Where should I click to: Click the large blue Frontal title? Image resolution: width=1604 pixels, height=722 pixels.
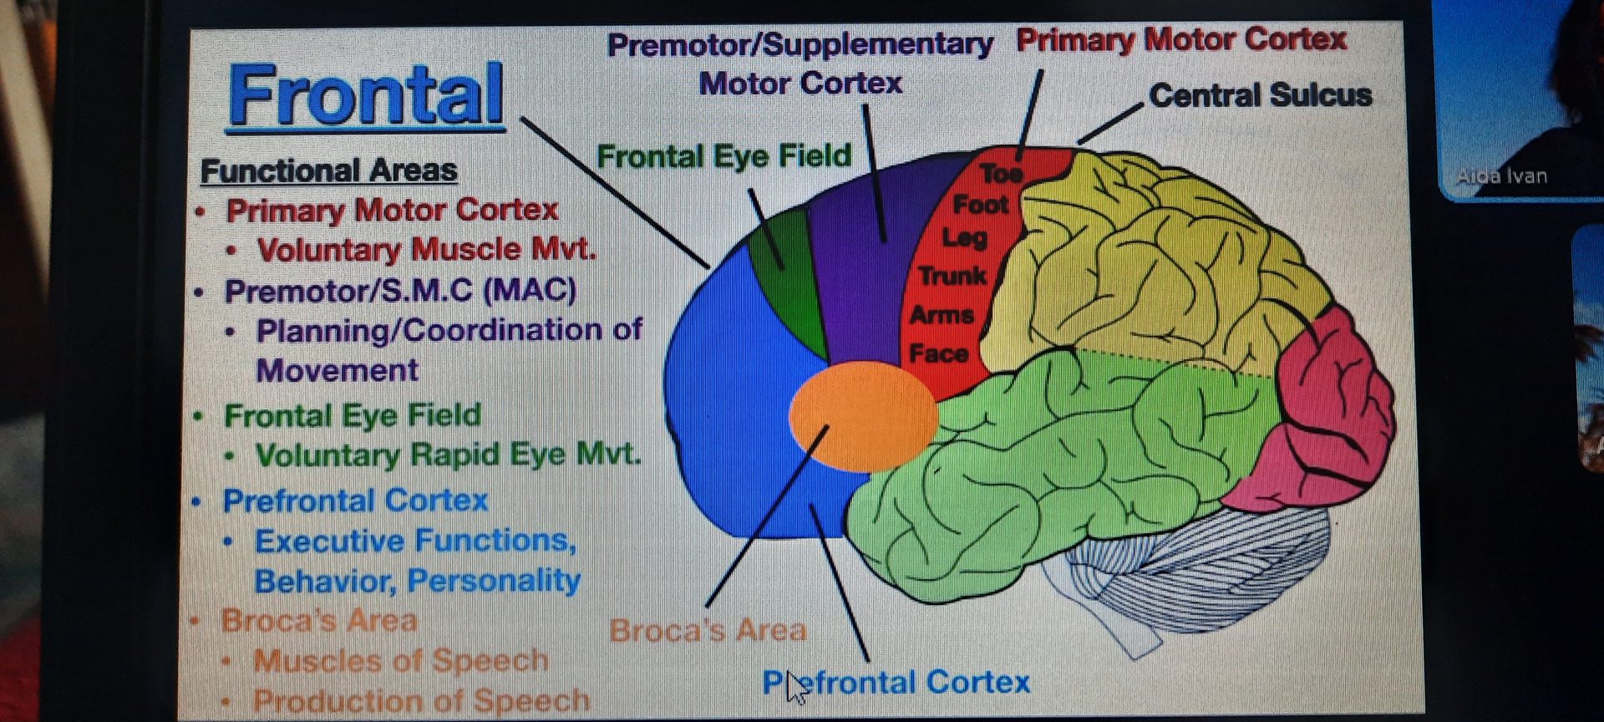click(x=366, y=96)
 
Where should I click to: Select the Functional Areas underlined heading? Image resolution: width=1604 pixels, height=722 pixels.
click(x=328, y=170)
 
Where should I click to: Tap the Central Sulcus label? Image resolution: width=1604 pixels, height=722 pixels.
click(x=1260, y=95)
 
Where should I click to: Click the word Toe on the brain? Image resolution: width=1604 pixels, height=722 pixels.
click(x=1001, y=173)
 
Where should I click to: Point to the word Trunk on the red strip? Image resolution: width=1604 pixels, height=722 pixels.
click(x=952, y=276)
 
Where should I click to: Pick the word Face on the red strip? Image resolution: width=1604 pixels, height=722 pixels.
click(x=938, y=353)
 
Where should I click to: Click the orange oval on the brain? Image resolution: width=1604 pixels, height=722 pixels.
click(x=862, y=415)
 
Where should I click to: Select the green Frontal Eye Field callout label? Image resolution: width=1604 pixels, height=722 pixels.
click(x=723, y=156)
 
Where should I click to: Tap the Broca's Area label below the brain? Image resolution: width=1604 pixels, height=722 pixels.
click(x=708, y=630)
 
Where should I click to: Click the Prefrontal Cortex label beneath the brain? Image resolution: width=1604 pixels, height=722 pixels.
click(x=896, y=683)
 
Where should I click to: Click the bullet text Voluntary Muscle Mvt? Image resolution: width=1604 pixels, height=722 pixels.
click(x=426, y=250)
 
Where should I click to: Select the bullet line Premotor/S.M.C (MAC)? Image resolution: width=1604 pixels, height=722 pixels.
click(x=400, y=291)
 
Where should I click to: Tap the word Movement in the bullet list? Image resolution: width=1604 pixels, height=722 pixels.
click(x=337, y=370)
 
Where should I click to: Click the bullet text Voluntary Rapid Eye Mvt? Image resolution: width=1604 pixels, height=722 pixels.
click(x=448, y=455)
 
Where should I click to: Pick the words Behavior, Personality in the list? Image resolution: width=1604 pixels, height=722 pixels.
click(x=417, y=581)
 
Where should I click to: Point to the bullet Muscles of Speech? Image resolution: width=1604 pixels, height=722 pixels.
click(x=401, y=661)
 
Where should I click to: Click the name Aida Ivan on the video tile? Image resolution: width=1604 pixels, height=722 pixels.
click(x=1501, y=176)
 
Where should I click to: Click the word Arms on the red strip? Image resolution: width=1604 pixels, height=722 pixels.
click(x=942, y=315)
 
